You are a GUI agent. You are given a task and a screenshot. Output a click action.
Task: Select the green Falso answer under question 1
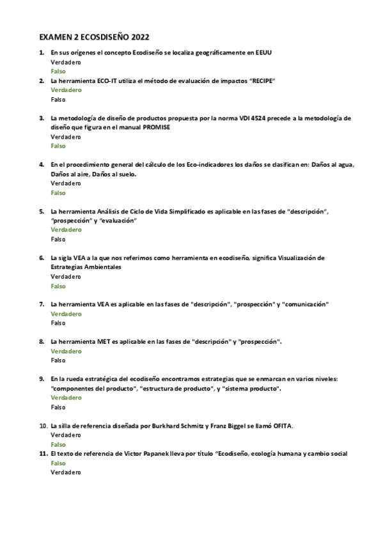point(58,71)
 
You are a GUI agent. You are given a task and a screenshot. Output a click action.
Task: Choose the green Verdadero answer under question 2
point(66,90)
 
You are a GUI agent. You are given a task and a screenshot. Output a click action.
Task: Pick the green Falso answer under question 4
point(58,192)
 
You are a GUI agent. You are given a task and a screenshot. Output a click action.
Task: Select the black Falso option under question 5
point(58,239)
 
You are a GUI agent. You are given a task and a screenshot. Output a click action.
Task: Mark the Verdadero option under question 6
point(66,276)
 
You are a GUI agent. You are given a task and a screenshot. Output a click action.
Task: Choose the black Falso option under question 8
point(58,360)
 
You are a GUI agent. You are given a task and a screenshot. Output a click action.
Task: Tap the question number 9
point(42,379)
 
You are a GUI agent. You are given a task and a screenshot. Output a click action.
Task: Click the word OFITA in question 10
point(281,426)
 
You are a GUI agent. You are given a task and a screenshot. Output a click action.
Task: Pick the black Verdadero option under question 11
point(66,472)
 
